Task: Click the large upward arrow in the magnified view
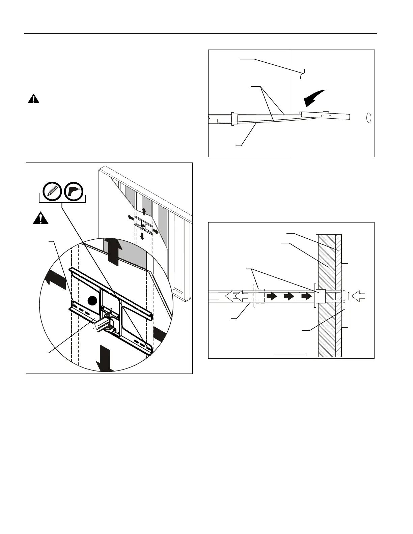pyautogui.click(x=111, y=251)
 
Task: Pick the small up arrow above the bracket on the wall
pyautogui.click(x=144, y=211)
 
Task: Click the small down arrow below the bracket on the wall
pyautogui.click(x=142, y=235)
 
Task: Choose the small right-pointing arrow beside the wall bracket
pyautogui.click(x=156, y=231)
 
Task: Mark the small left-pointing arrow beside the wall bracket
pyautogui.click(x=131, y=217)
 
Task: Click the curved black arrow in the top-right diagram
pyautogui.click(x=314, y=97)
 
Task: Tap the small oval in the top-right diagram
pyautogui.click(x=369, y=117)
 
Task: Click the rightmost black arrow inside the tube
pyautogui.click(x=307, y=296)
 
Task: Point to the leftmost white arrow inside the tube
pyautogui.click(x=230, y=296)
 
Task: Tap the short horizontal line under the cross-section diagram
pyautogui.click(x=290, y=355)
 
